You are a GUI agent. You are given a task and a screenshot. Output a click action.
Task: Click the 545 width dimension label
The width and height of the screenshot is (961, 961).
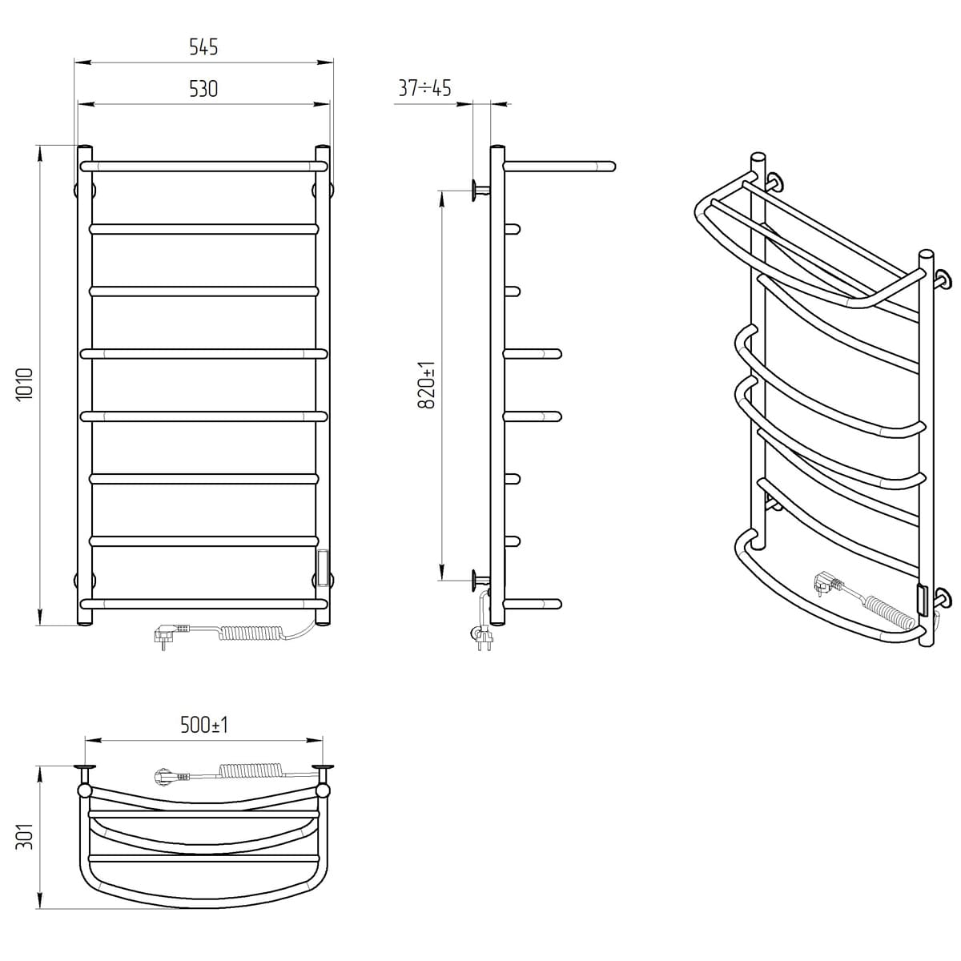(x=203, y=47)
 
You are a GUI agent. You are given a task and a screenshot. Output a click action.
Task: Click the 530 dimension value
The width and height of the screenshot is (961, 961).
(x=203, y=89)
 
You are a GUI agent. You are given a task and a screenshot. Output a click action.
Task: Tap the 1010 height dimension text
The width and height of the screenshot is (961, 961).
(x=25, y=384)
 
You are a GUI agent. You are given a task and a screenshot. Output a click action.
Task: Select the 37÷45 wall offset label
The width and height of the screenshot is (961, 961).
(x=424, y=88)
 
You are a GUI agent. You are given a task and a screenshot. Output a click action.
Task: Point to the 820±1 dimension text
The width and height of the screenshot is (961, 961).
(x=428, y=385)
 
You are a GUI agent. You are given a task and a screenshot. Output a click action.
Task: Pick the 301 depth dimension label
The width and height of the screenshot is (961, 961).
(x=25, y=836)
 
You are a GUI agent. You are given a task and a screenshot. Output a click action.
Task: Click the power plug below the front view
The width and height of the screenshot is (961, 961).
(x=171, y=636)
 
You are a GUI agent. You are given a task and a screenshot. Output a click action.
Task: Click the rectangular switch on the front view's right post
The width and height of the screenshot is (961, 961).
(x=324, y=568)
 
